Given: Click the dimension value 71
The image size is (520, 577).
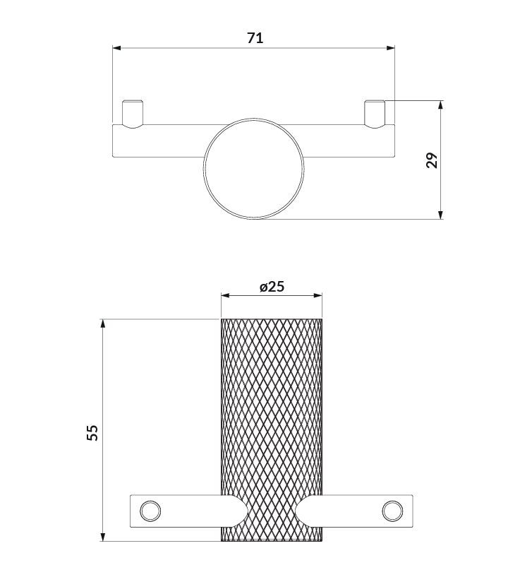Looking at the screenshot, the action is pos(255,38).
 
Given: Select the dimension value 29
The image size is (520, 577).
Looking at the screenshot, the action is pos(432,160).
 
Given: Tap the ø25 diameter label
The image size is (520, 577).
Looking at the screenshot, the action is pos(272,286).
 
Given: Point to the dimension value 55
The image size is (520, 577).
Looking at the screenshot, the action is pos(92,432).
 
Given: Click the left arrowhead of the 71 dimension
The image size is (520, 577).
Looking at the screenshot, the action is pos(116,48).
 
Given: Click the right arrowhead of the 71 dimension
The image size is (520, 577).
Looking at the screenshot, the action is pos(391,48).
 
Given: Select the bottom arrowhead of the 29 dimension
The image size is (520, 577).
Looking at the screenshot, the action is pos(440,215).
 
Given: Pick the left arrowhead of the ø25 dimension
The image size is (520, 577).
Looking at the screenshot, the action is pos(225,295).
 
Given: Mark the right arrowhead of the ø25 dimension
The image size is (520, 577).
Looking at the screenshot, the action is pos(318,295).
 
